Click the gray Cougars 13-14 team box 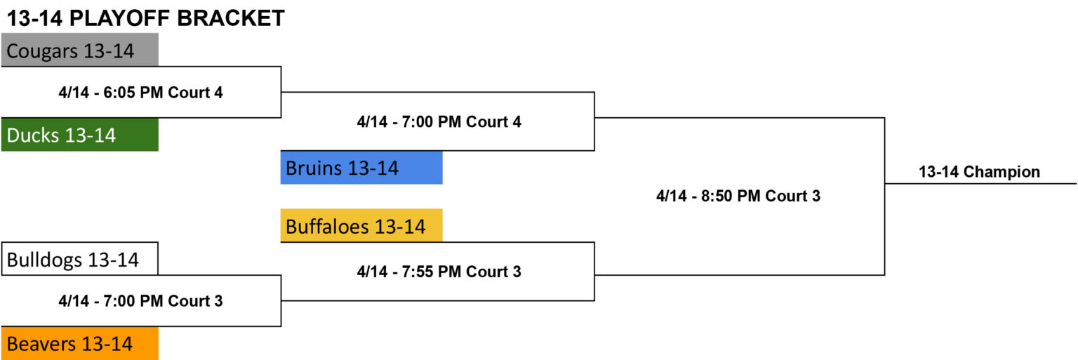pos(80,50)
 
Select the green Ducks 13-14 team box pos(80,135)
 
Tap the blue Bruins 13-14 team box pos(361,168)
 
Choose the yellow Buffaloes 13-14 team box pos(361,225)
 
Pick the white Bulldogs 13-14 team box pos(80,259)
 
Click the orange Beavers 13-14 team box pos(80,343)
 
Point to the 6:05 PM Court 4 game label pos(140,93)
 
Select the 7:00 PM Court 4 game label pos(439,122)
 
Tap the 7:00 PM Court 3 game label pos(140,301)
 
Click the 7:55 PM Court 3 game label pos(439,272)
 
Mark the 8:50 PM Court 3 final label pos(738,196)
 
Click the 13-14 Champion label pos(979,172)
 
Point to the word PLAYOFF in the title pos(119,18)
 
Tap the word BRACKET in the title pos(231,18)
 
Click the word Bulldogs pos(44,260)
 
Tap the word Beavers pos(41,344)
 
